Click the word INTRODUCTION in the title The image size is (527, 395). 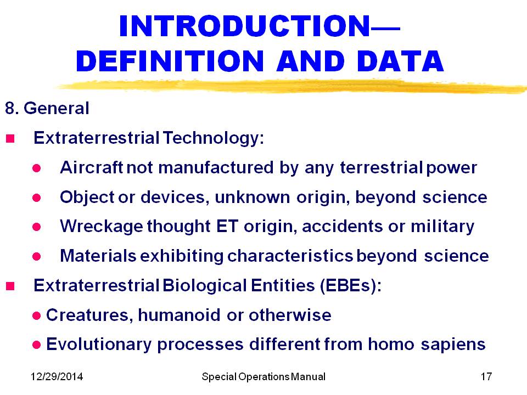pyautogui.click(x=245, y=26)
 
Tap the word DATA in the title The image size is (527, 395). pyautogui.click(x=400, y=61)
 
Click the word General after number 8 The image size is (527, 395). pyautogui.click(x=57, y=108)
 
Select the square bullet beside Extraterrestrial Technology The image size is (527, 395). pyautogui.click(x=10, y=138)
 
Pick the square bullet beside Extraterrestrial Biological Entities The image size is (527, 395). pyautogui.click(x=10, y=286)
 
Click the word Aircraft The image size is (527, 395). pyautogui.click(x=92, y=167)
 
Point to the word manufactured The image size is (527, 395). pyautogui.click(x=216, y=167)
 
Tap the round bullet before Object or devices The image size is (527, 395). pyautogui.click(x=37, y=198)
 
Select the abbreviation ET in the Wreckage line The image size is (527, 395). pyautogui.click(x=227, y=225)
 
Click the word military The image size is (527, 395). pyautogui.click(x=442, y=227)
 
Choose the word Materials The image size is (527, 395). pyautogui.click(x=98, y=256)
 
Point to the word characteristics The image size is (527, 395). pyautogui.click(x=290, y=256)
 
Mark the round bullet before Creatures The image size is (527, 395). pyautogui.click(x=37, y=316)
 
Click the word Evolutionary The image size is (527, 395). pyautogui.click(x=99, y=345)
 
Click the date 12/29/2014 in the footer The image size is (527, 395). pyautogui.click(x=57, y=376)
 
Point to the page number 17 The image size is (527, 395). pyautogui.click(x=486, y=376)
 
